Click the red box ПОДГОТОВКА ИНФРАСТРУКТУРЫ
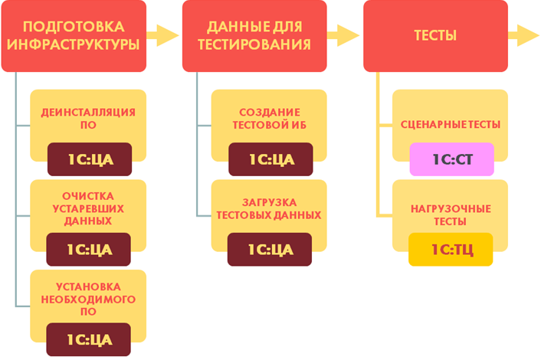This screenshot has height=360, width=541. pyautogui.click(x=74, y=36)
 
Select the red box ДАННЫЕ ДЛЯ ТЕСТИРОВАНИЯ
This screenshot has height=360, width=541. pyautogui.click(x=254, y=36)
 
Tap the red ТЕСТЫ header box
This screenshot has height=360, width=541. pyautogui.click(x=435, y=36)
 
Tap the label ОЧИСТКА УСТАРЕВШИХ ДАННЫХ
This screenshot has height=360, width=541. pyautogui.click(x=88, y=208)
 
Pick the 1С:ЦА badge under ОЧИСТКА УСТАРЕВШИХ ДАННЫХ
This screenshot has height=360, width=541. pyautogui.click(x=88, y=249)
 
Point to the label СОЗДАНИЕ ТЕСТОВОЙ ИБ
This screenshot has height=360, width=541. pyautogui.click(x=270, y=119)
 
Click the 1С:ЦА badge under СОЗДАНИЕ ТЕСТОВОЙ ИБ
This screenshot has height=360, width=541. pyautogui.click(x=270, y=159)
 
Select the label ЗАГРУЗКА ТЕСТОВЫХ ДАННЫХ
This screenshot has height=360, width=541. pyautogui.click(x=270, y=208)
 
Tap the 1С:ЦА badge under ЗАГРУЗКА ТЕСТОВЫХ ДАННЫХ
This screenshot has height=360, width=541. pyautogui.click(x=270, y=249)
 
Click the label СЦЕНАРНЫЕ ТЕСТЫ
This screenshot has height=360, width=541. pyautogui.click(x=451, y=124)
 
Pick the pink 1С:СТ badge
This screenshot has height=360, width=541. pyautogui.click(x=451, y=159)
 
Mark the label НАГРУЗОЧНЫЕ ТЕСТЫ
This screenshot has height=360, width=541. pyautogui.click(x=451, y=214)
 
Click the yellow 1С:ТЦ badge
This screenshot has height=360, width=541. pyautogui.click(x=451, y=249)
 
